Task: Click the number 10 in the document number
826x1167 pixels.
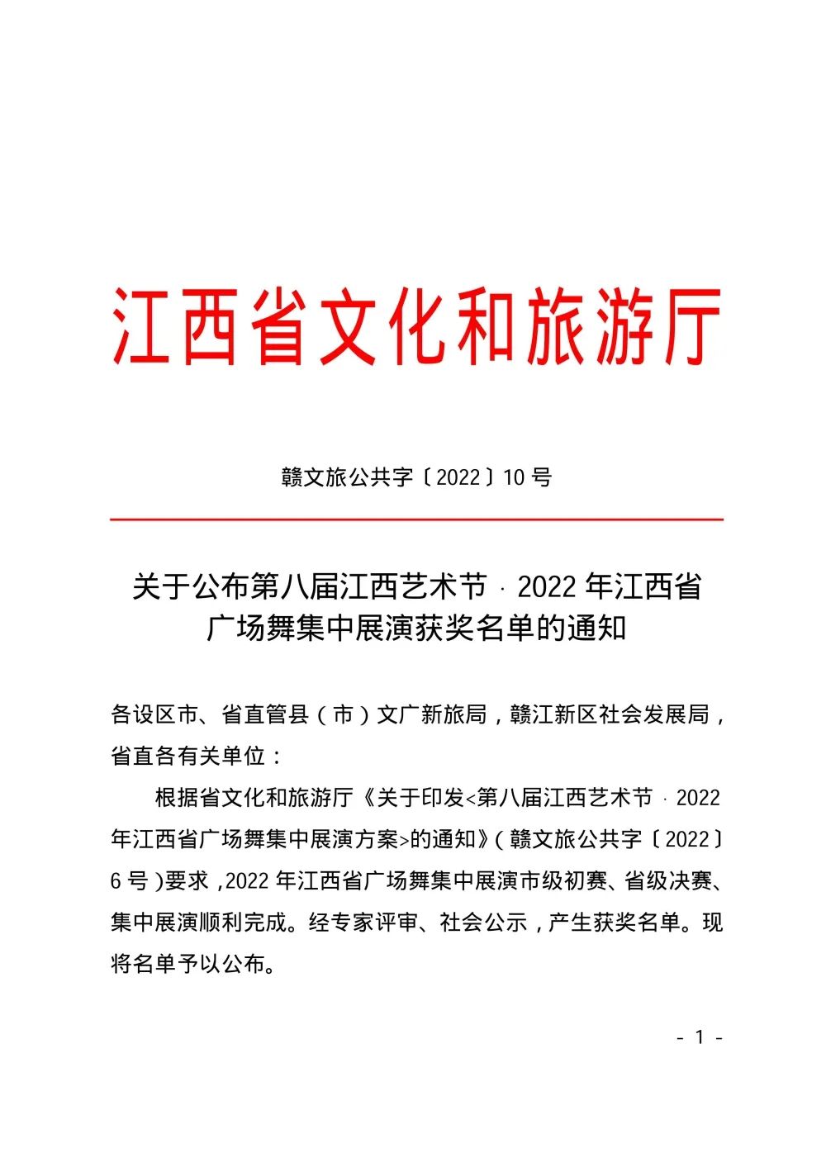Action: tap(513, 477)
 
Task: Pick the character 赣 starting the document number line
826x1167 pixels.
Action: tap(292, 477)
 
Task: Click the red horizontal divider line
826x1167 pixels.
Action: tap(416, 519)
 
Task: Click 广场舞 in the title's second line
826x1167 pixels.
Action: tap(250, 629)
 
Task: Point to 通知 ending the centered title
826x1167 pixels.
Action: tap(596, 629)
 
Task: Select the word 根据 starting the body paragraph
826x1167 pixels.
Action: tap(177, 798)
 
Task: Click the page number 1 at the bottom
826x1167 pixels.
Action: tap(700, 1037)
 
